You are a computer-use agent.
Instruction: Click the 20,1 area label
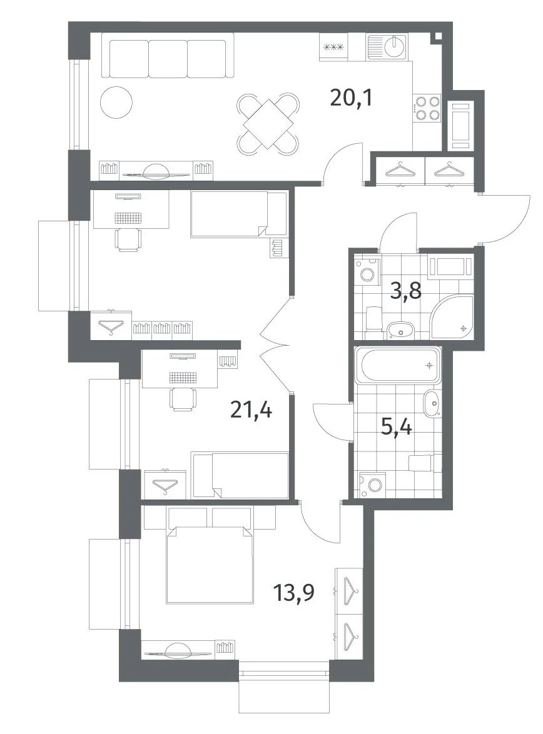point(351,98)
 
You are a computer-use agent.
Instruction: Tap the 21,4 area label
point(251,411)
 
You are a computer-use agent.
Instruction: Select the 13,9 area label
point(294,593)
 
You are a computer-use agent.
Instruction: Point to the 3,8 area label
point(406,291)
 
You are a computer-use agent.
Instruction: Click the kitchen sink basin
point(397,44)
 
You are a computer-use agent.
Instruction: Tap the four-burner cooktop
point(427,108)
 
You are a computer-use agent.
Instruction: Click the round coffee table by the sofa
point(116,103)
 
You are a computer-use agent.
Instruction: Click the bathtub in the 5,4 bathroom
point(398,365)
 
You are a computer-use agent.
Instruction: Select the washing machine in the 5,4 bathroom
point(372,485)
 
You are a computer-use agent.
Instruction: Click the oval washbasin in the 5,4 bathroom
point(432,403)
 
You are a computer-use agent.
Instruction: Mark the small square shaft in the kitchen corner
point(437,37)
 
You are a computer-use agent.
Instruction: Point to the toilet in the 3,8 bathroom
point(373,317)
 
